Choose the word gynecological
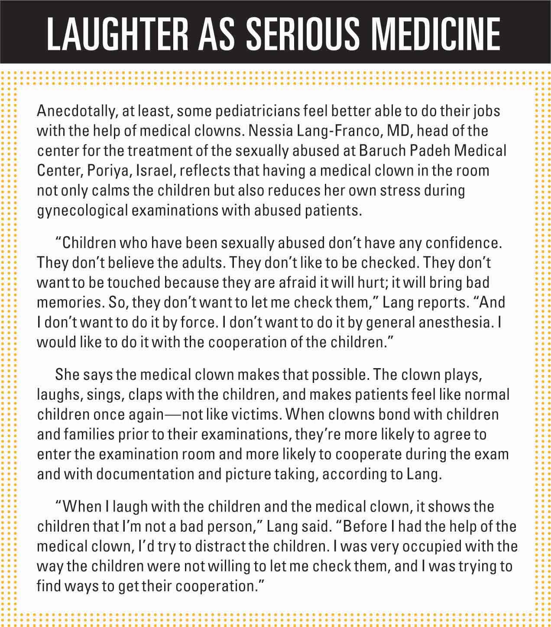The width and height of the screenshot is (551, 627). [82, 211]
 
